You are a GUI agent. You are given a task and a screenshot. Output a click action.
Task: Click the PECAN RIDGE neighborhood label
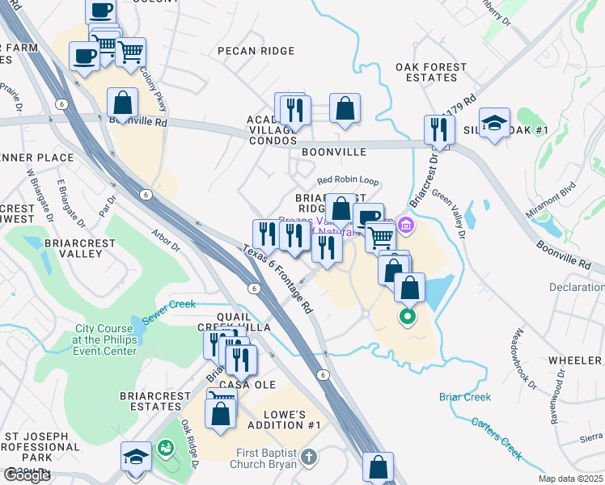click(x=256, y=50)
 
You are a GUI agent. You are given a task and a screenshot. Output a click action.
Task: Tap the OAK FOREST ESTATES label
click(x=431, y=72)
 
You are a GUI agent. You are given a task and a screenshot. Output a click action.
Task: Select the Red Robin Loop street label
click(x=348, y=181)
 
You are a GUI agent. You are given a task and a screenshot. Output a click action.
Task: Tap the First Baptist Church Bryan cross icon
click(x=307, y=458)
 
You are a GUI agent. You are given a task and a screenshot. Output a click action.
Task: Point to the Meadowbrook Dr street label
click(x=524, y=359)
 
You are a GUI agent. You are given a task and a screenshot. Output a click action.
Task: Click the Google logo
click(x=27, y=475)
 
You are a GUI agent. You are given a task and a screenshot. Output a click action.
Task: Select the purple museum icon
click(x=406, y=224)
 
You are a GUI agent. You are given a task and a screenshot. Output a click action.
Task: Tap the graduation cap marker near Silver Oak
click(x=494, y=124)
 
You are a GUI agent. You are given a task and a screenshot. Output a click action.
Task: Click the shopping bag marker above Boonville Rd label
click(x=123, y=103)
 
